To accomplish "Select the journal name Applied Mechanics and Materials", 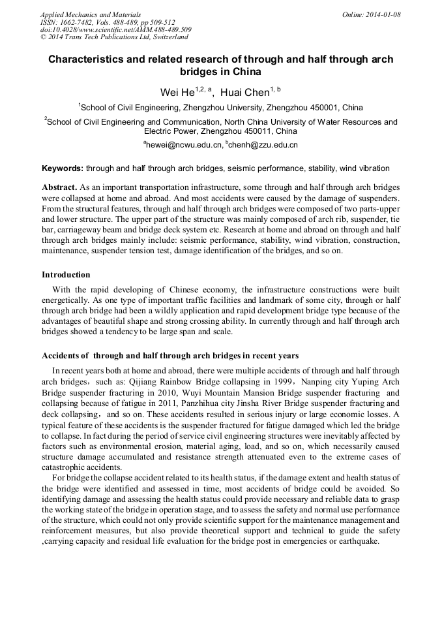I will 90,14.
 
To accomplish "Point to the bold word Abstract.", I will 60,186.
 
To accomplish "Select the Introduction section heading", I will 66,275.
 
